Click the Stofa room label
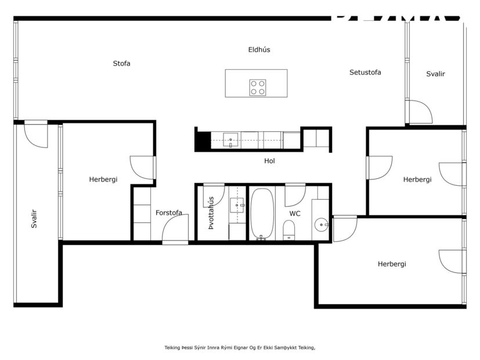tap(121, 63)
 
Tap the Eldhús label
tap(259, 50)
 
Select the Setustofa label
tap(365, 73)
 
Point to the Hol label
tap(269, 161)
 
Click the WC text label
tap(295, 214)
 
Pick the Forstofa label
tap(168, 213)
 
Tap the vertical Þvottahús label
tap(211, 213)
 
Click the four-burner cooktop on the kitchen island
tap(258, 88)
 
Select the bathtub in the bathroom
tap(262, 213)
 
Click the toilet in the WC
tap(289, 233)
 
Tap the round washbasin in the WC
tap(321, 224)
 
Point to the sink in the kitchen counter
tap(230, 140)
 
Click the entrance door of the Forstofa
tap(175, 229)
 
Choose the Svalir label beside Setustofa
tap(435, 74)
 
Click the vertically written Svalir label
tap(34, 218)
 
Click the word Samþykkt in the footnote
tap(290, 348)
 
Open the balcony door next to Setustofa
tap(419, 112)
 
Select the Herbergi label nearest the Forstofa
tap(103, 179)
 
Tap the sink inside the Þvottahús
tap(238, 204)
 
